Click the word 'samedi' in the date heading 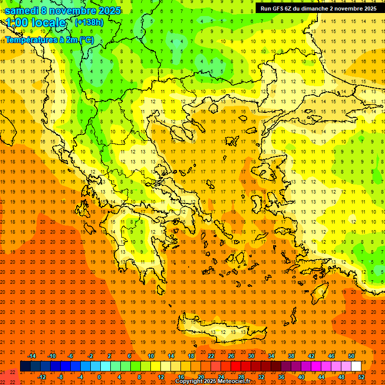(x=23, y=11)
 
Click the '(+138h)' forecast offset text (x=89, y=23)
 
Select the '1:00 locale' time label (x=37, y=23)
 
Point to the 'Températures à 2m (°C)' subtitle (x=50, y=40)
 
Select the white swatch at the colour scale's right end (x=356, y=366)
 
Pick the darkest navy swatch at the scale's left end (x=25, y=366)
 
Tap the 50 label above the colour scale (x=351, y=356)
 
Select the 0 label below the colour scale (x=99, y=377)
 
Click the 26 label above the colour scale (x=231, y=356)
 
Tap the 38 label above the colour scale (x=291, y=356)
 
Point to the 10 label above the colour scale (x=150, y=356)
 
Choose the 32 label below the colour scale (x=261, y=377)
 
